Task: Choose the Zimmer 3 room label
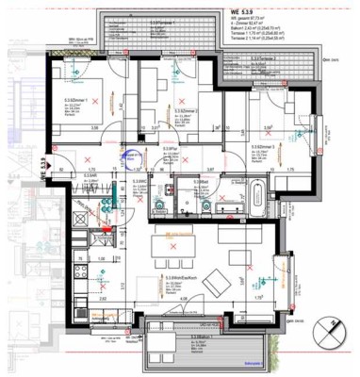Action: coord(264,147)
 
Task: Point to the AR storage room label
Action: coord(91,174)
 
